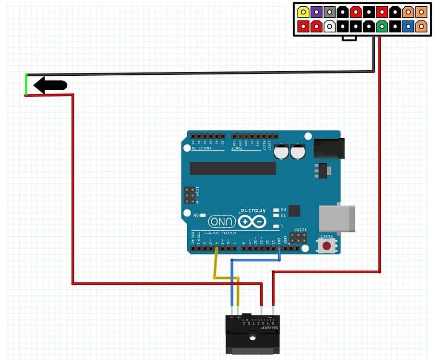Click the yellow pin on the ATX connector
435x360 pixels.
303,12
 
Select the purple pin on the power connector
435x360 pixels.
316,12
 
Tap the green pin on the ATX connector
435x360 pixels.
382,26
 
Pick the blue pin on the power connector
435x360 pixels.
409,26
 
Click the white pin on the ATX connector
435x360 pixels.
329,26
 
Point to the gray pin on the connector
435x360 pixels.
329,12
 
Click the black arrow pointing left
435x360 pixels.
50,85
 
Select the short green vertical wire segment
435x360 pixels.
26,85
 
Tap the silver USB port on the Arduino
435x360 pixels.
337,219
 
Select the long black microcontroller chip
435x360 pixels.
233,168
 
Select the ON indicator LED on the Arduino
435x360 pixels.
202,216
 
